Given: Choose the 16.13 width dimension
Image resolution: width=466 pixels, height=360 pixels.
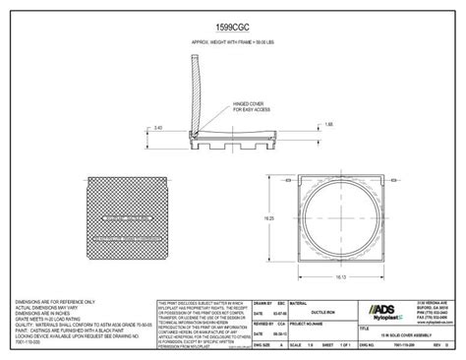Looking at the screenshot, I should point(339,279).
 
